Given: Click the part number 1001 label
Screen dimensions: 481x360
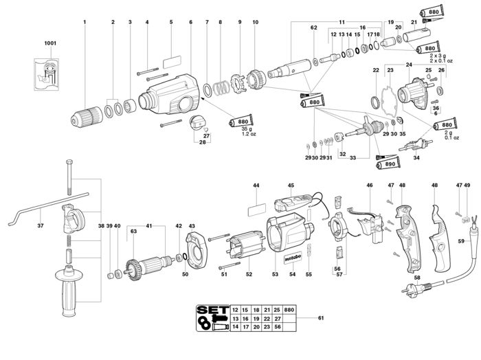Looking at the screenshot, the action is point(50,43).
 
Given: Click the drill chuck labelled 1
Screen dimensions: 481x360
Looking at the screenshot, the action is point(87,117).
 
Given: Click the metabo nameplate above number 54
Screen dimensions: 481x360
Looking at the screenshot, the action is point(293,258).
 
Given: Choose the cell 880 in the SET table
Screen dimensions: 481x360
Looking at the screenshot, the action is point(289,310).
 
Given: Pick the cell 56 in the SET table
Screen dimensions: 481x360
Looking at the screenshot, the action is point(278,327).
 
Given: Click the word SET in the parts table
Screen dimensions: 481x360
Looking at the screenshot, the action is point(213,310).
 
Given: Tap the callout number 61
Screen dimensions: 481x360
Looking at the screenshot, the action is point(321,318).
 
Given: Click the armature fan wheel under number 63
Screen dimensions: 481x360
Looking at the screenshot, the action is point(134,270).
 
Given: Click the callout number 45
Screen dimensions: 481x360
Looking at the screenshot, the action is point(291,185).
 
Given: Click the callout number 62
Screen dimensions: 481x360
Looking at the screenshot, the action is point(313,27).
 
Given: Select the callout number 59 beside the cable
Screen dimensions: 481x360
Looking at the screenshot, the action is point(461,241).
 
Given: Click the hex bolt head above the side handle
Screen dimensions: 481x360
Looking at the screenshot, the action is point(69,161).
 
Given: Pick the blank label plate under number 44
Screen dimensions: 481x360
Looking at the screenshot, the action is point(257,210).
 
